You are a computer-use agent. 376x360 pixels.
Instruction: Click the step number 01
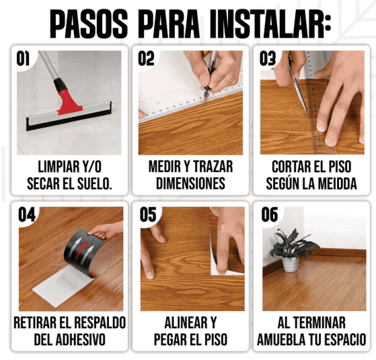pos(23,59)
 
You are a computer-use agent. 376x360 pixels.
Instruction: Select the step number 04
pos(26,214)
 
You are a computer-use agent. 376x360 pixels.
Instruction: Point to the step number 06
pos(269,214)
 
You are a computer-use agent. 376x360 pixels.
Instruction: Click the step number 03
pos(268,59)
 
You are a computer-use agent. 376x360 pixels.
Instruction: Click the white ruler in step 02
pos(163,100)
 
